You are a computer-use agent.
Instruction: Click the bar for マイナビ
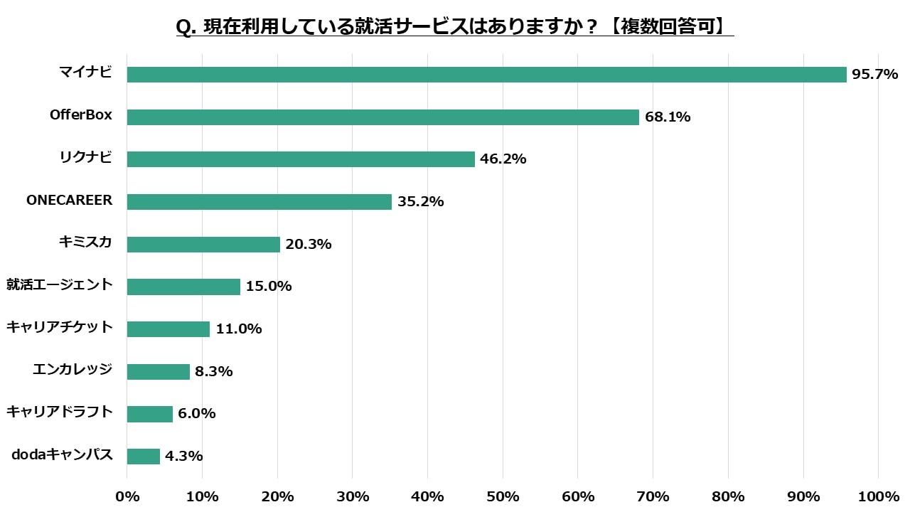click(486, 75)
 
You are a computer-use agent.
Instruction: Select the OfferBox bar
click(382, 117)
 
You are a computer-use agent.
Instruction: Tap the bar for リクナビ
click(301, 159)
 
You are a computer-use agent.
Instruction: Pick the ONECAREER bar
click(259, 202)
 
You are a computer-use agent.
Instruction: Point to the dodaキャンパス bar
click(143, 457)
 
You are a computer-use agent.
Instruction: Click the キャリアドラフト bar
click(149, 414)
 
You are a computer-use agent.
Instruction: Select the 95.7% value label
click(875, 75)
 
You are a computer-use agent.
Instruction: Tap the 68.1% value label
click(668, 117)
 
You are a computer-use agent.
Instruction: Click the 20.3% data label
click(309, 245)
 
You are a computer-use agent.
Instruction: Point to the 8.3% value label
click(214, 371)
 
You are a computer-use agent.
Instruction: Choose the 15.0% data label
click(269, 287)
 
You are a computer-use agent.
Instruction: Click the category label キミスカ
click(85, 242)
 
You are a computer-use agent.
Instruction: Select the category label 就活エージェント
click(59, 285)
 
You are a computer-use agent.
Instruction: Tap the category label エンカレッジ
click(73, 370)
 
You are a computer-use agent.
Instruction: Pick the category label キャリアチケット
click(59, 327)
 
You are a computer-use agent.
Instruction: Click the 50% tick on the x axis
click(503, 496)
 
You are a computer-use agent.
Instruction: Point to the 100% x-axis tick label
click(878, 496)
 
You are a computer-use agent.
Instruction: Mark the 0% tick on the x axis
click(127, 496)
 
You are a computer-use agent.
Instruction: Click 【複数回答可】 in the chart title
click(668, 27)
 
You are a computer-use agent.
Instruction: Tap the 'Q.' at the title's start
click(186, 27)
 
